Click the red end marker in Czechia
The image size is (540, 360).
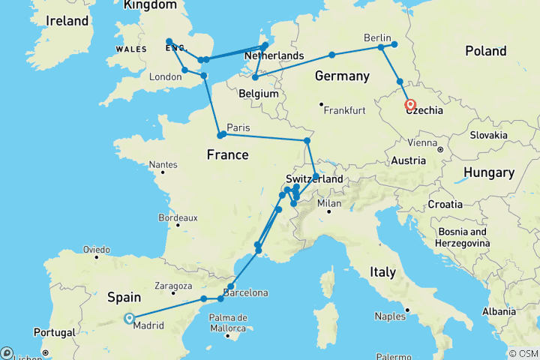[x=410, y=104]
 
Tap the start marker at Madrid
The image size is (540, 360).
[x=129, y=318]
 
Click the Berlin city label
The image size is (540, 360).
[x=378, y=37]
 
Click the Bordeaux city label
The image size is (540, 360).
[x=177, y=217]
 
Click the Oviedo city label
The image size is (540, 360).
[x=96, y=249]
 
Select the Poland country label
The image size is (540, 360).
[x=485, y=51]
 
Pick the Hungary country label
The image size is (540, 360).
[x=488, y=173]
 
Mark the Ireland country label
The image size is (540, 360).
[x=67, y=21]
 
